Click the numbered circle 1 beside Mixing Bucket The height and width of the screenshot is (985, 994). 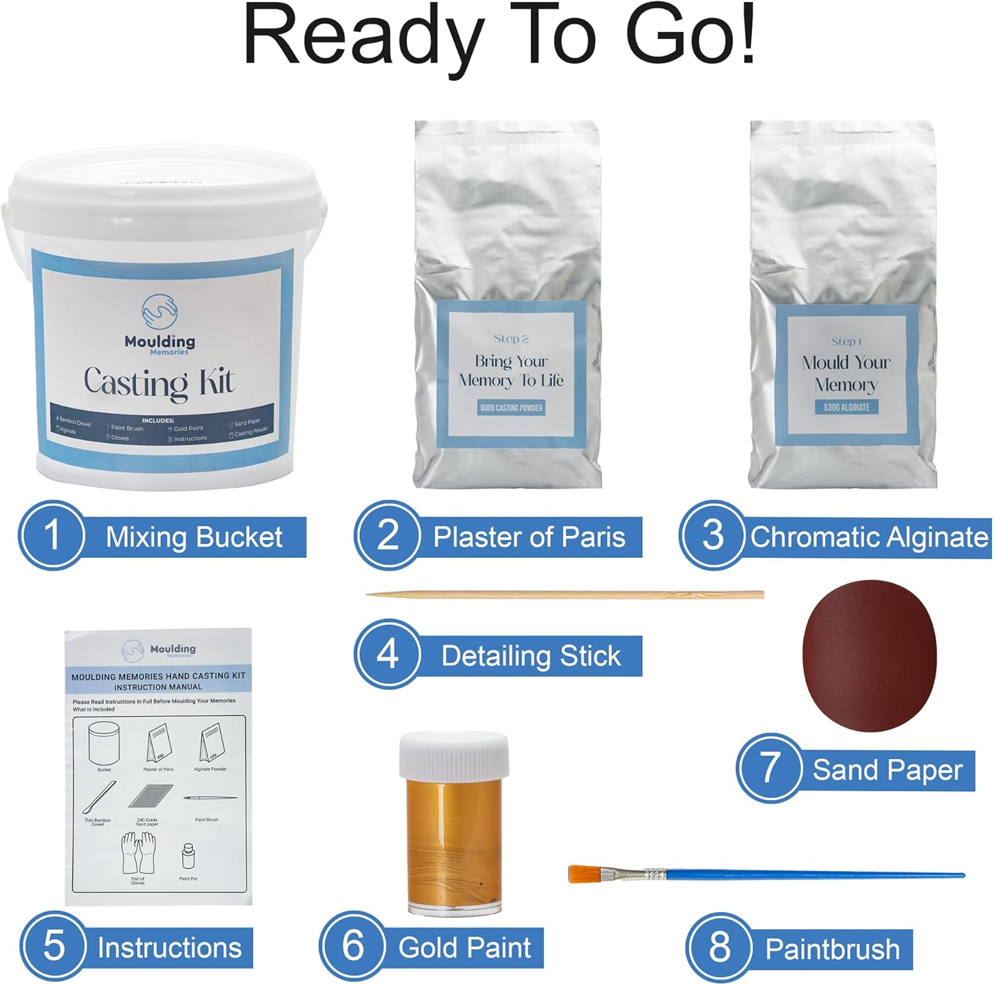tap(52, 535)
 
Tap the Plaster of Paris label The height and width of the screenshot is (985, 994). tap(528, 537)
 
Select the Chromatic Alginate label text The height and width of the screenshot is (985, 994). tap(868, 537)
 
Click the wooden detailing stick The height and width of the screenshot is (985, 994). tap(563, 594)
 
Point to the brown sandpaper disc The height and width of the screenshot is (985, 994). tap(869, 655)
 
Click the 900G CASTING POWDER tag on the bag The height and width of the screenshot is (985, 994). tap(510, 408)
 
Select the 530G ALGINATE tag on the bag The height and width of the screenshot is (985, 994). tap(846, 407)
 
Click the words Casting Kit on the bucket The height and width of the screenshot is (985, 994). tap(159, 383)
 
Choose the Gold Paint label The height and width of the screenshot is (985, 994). tap(464, 948)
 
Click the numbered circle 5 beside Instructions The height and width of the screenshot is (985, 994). tap(54, 945)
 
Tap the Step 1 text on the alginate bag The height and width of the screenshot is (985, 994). tap(846, 342)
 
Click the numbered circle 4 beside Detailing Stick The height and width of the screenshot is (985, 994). tap(388, 653)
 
